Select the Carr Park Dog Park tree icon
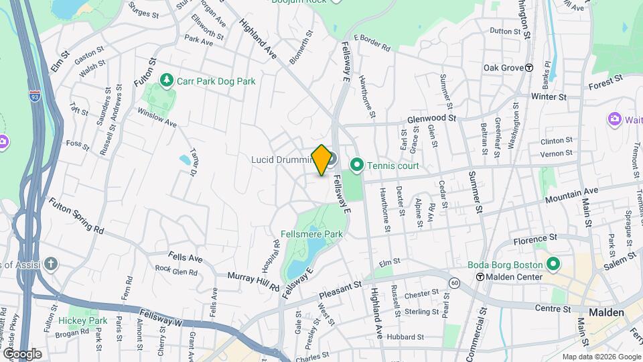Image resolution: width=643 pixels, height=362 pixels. click(x=167, y=81)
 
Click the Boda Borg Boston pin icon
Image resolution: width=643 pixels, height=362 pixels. click(x=553, y=263)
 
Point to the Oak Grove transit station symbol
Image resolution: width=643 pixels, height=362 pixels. click(x=529, y=68)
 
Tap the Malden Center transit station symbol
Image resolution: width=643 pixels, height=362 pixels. click(x=480, y=277)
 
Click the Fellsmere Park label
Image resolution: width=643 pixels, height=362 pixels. click(x=311, y=234)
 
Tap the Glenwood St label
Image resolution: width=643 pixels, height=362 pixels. click(x=431, y=118)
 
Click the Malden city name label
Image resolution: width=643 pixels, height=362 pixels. click(x=606, y=312)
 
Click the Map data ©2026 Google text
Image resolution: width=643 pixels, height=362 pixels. click(x=601, y=357)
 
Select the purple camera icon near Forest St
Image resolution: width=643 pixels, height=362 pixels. click(x=614, y=119)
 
